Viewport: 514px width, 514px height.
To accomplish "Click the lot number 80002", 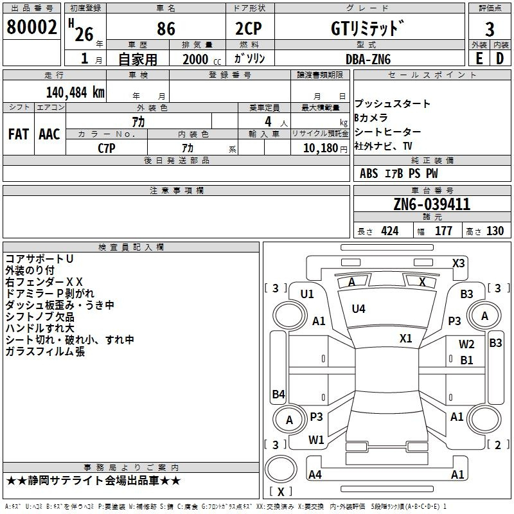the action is (31, 27).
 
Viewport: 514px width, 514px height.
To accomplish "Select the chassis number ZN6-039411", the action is (432, 204).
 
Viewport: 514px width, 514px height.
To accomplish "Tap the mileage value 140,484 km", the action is (75, 92).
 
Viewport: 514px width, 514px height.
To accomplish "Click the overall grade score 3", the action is (490, 29).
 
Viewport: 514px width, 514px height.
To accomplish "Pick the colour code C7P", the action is (107, 147).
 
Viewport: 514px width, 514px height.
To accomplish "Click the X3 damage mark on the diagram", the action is (458, 263).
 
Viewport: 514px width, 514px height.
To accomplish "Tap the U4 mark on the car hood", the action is (359, 309).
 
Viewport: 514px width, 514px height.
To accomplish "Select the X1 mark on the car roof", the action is (405, 338).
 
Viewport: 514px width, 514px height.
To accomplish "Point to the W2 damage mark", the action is (466, 344).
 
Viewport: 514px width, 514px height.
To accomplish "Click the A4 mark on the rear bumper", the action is (315, 475).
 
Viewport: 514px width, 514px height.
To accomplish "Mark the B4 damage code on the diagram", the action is (278, 394).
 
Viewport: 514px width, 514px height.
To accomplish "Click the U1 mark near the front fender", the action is (307, 294).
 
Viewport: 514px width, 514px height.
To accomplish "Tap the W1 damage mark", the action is (316, 440).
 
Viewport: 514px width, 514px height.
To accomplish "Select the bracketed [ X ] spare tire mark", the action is (280, 492).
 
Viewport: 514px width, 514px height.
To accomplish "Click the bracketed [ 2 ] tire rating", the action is (495, 445).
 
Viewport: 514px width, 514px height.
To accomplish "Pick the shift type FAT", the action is (18, 134).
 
